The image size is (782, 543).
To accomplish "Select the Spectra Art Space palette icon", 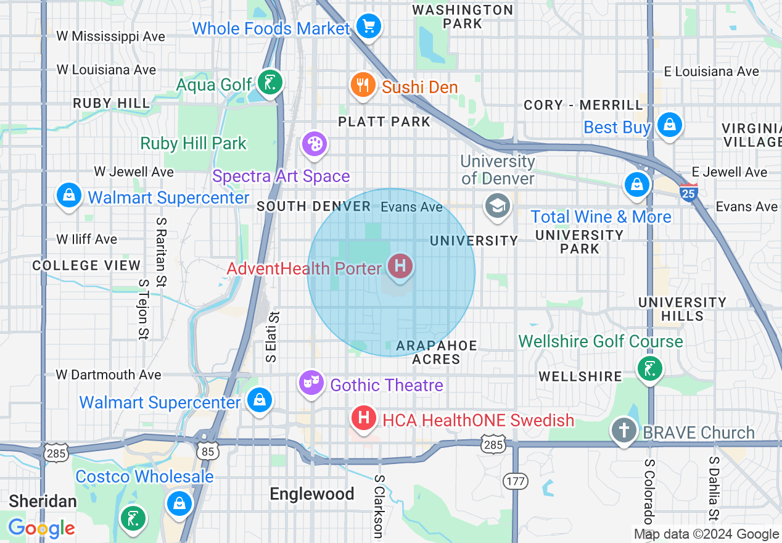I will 314,144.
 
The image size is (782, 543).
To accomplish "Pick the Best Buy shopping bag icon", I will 669,124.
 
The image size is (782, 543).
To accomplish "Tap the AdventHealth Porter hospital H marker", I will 400,267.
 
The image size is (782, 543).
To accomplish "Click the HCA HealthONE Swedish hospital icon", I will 364,418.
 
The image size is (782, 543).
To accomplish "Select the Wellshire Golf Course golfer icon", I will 649,369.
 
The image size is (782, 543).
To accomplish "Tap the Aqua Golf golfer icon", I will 270,82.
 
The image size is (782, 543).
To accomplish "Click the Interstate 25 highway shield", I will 689,192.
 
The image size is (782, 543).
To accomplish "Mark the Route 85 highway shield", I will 208,451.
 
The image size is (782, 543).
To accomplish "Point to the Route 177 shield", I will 513,481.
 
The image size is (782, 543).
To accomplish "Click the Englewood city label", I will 312,494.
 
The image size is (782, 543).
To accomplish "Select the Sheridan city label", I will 43,500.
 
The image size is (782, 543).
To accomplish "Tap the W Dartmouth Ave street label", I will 109,375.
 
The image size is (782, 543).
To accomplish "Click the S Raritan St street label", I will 161,252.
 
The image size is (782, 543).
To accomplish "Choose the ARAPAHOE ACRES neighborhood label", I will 436,352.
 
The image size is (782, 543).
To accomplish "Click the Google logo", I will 41,528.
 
